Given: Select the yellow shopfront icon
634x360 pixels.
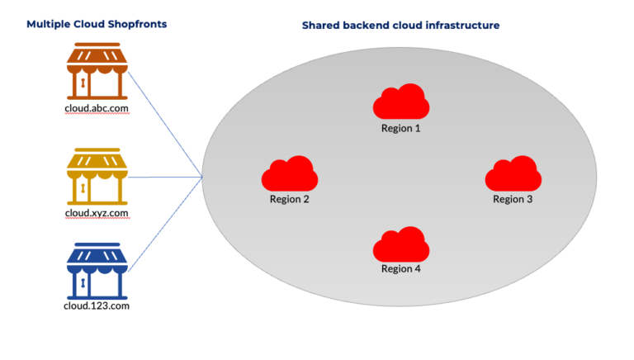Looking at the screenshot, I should point(97,177).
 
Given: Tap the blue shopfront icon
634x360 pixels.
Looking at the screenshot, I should point(97,270).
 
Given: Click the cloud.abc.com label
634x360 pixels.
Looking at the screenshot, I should point(97,108).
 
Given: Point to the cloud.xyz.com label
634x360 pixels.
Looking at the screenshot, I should point(97,213).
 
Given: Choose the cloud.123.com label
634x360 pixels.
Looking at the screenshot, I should point(97,306).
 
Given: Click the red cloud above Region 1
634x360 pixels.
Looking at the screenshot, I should point(400,103).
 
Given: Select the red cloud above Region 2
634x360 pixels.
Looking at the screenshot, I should point(289,173).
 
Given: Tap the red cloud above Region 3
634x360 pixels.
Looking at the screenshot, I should point(513,173).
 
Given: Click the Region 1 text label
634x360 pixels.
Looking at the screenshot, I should point(400,128).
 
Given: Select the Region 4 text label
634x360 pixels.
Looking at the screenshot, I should point(400,268).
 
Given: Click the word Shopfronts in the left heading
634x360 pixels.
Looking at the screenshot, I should point(136,24).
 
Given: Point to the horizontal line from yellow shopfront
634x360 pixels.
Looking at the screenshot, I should point(165,177).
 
